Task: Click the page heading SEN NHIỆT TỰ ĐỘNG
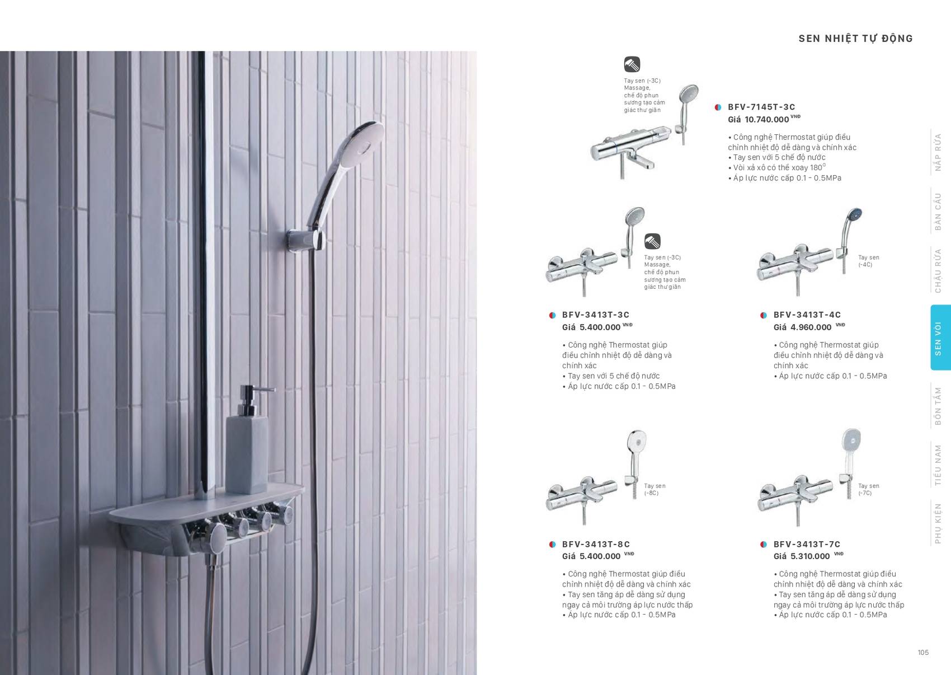tap(855, 39)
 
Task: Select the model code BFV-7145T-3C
tap(761, 107)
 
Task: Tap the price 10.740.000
tap(766, 119)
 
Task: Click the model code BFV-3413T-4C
tap(807, 315)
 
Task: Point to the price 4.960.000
tap(811, 327)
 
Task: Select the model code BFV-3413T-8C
tap(596, 544)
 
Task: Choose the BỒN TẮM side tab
tap(938, 406)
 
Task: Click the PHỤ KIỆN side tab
tap(938, 523)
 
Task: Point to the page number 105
tap(923, 652)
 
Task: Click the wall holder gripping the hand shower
tap(305, 240)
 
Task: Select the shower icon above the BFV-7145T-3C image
tap(632, 64)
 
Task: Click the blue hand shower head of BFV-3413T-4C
tap(854, 215)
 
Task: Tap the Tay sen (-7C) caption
tap(868, 489)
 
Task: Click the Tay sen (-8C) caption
tap(654, 489)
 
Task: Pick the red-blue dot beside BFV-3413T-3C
tap(552, 315)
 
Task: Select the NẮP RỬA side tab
tap(938, 152)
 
